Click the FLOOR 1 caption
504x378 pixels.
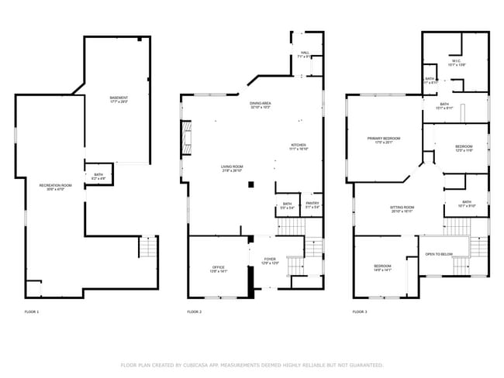click(x=32, y=311)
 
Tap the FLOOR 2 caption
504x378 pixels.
click(x=195, y=311)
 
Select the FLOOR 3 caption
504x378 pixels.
click(x=360, y=311)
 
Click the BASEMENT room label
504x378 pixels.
click(x=119, y=98)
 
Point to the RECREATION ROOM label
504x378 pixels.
click(x=56, y=186)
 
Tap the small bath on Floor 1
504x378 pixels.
click(x=98, y=177)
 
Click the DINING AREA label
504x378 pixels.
click(x=260, y=104)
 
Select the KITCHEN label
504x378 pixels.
click(x=299, y=146)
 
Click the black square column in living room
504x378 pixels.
click(x=250, y=184)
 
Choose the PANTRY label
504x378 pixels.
click(x=312, y=204)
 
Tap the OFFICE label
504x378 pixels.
click(x=219, y=268)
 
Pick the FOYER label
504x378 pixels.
click(x=269, y=260)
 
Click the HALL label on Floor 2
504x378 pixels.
click(x=305, y=54)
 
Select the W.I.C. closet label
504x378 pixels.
click(x=457, y=63)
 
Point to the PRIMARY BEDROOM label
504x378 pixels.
click(x=385, y=139)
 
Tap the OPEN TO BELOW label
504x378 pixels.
click(x=440, y=254)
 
